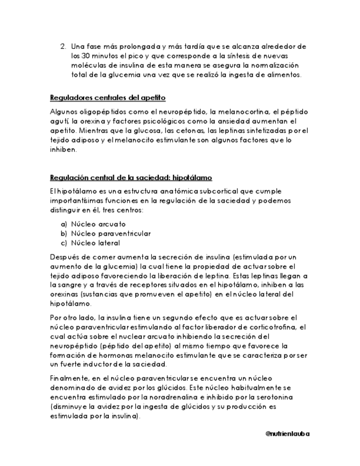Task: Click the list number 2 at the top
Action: click(x=63, y=46)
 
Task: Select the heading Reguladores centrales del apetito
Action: click(x=108, y=98)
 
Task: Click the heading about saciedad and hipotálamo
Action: click(x=131, y=178)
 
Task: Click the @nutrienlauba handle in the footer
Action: click(x=287, y=434)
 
